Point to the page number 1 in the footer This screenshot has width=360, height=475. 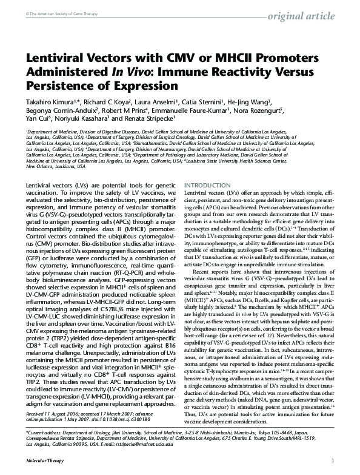coord(333,462)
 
